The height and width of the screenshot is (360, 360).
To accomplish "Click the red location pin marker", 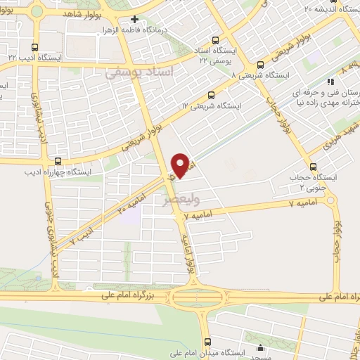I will coord(181,165).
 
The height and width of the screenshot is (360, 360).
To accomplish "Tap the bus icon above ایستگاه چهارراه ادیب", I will coord(58,161).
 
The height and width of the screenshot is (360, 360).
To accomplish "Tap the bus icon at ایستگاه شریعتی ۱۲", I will coord(212,94).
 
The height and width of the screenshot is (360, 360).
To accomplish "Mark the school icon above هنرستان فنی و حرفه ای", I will coord(330,82).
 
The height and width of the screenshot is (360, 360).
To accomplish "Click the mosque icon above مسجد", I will coord(261,347).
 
